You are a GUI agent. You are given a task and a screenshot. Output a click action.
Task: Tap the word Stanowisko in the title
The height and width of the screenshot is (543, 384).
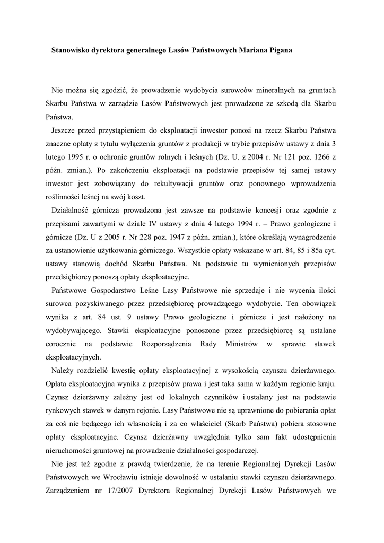coord(71,50)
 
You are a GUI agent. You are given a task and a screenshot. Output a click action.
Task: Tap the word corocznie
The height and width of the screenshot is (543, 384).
coord(63,344)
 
